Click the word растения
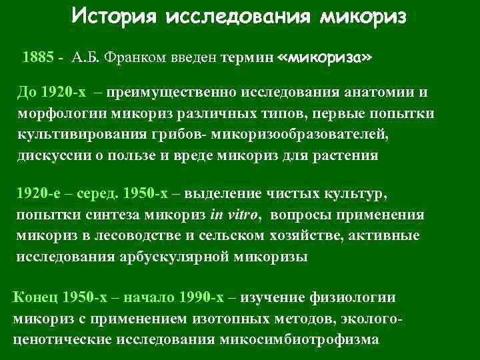pos(346,156)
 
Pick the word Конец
pos(36,297)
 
